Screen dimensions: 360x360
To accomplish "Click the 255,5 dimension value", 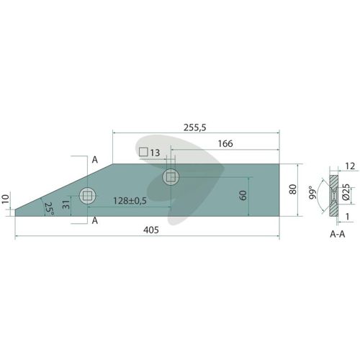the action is pyautogui.click(x=194, y=127).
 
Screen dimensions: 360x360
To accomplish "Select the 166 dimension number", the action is pyautogui.click(x=225, y=143).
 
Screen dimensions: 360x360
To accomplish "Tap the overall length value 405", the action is pyautogui.click(x=151, y=230).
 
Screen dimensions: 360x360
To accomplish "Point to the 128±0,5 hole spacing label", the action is pyautogui.click(x=130, y=201).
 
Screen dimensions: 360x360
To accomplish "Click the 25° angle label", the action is pyautogui.click(x=49, y=209).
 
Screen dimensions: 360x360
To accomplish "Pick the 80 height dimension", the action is pyautogui.click(x=293, y=189).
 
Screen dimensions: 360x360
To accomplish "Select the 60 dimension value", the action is pyautogui.click(x=243, y=195).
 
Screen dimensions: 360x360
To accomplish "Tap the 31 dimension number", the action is pyautogui.click(x=66, y=204).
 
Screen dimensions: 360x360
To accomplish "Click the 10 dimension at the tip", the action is pyautogui.click(x=5, y=199).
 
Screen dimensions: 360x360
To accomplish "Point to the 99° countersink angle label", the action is pyautogui.click(x=312, y=192).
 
